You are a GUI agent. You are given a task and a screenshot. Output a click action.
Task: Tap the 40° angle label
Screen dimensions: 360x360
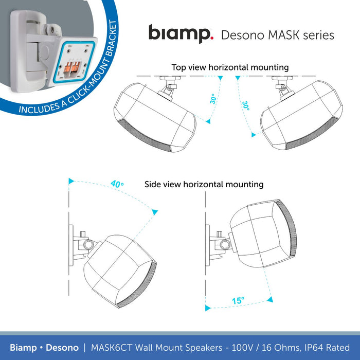pos(118,184)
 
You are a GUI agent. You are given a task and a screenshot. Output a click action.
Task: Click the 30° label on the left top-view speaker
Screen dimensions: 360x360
pos(213,99)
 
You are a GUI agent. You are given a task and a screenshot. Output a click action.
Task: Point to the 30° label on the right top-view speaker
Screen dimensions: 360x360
pos(246,106)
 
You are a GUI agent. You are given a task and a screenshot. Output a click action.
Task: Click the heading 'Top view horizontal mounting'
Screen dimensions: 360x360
pos(230,67)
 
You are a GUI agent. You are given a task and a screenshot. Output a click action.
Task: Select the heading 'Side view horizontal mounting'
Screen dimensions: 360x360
pos(204,184)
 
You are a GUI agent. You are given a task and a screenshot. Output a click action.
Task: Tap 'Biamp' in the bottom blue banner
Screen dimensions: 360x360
pos(23,348)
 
